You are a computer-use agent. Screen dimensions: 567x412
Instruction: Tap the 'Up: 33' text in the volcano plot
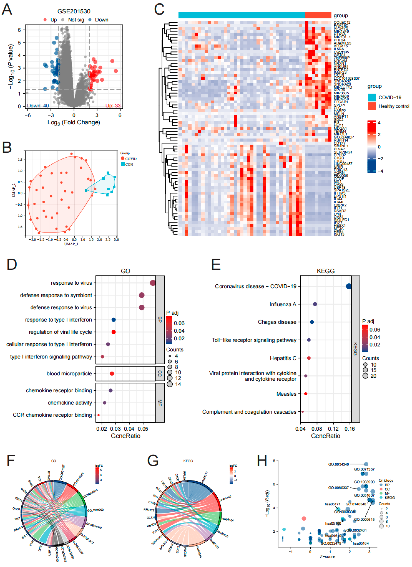(x=113, y=106)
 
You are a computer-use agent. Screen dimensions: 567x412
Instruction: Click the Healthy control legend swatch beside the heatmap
(x=372, y=106)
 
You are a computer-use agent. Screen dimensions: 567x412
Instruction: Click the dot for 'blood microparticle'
(x=112, y=373)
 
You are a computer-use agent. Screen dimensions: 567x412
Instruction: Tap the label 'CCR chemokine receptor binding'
(x=52, y=415)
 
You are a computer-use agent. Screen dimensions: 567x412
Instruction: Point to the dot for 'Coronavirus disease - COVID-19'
(x=349, y=286)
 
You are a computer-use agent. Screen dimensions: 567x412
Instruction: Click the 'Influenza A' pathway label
(x=283, y=304)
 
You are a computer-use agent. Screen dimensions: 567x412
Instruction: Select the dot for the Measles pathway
(x=306, y=394)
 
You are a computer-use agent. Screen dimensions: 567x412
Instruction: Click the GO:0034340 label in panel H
(x=338, y=464)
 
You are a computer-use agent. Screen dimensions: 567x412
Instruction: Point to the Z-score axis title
(x=327, y=556)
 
